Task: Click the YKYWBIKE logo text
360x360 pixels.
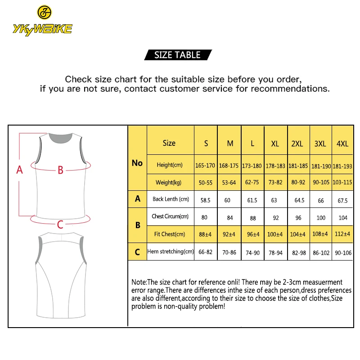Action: point(43,29)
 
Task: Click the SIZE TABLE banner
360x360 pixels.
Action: point(177,55)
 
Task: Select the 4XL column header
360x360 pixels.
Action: point(342,144)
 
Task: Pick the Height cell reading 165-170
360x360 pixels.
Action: point(205,166)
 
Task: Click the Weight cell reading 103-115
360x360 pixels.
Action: point(342,183)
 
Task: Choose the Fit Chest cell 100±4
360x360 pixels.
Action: point(275,234)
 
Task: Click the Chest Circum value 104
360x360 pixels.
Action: point(343,218)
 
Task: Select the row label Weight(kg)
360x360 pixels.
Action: point(170,182)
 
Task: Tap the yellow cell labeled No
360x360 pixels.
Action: point(137,163)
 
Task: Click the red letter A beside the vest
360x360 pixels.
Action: point(19,170)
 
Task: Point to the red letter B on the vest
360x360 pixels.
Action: point(60,170)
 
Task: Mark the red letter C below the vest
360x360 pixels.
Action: point(60,224)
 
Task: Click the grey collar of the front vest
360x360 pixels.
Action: point(61,136)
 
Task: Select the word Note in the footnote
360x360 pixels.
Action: point(139,282)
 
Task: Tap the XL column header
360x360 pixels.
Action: point(275,144)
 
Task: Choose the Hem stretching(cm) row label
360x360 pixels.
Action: point(170,252)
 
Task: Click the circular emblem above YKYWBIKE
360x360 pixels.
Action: point(44,12)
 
